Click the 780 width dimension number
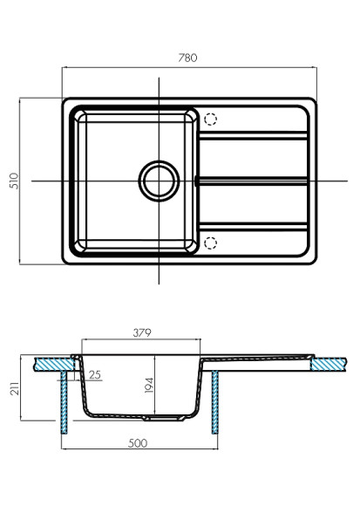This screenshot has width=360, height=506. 187,58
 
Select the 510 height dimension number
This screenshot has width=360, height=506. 14,181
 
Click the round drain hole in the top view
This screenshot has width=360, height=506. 159,181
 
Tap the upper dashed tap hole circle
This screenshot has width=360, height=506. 211,120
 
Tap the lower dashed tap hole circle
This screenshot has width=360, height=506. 211,242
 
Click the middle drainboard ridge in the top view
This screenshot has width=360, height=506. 253,181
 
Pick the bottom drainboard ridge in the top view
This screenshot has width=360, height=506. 253,227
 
